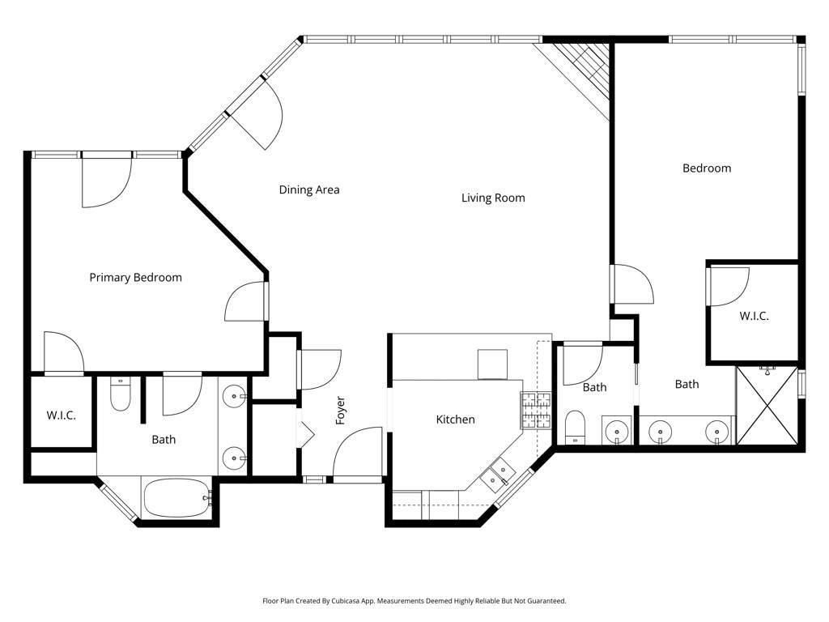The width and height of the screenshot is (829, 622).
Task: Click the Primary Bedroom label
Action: click(135, 278)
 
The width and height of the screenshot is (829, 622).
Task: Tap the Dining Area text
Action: click(309, 190)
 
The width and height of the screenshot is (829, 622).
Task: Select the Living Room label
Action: click(493, 198)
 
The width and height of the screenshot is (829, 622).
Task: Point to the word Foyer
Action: click(341, 411)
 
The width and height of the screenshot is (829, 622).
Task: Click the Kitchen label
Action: click(455, 420)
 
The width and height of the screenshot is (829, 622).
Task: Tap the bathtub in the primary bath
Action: click(176, 496)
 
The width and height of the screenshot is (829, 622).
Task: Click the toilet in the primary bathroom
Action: click(120, 394)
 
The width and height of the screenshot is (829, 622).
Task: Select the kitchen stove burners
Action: click(534, 410)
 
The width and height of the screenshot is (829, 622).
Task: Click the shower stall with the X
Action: click(766, 405)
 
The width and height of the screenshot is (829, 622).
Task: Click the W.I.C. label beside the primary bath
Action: click(61, 415)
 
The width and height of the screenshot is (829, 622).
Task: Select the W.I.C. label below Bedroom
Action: click(754, 317)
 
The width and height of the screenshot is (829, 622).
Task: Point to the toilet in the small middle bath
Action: click(575, 426)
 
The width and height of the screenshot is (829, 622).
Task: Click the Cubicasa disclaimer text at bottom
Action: click(414, 601)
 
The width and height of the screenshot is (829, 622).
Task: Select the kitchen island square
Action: click(491, 364)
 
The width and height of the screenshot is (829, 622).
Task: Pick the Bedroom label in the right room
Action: click(706, 168)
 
